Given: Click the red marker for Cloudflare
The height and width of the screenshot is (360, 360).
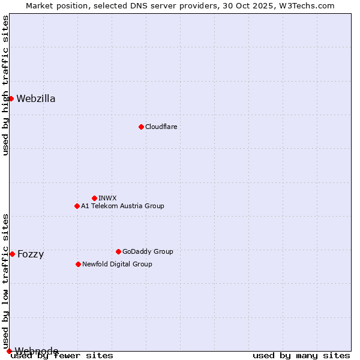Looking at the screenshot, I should [x=141, y=127].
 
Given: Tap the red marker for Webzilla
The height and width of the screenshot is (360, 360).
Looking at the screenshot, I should [x=11, y=98].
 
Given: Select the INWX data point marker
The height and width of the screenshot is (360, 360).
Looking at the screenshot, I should [x=94, y=198].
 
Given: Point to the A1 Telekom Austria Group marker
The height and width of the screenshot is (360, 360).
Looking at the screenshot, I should [x=77, y=206].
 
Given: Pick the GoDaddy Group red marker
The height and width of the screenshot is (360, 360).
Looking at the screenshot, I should [x=118, y=251].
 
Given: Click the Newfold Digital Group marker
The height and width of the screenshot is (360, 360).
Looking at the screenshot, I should [x=78, y=264].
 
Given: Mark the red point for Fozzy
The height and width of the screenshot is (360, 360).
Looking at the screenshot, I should [x=12, y=254].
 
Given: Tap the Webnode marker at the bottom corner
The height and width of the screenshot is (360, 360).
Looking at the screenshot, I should [x=9, y=351].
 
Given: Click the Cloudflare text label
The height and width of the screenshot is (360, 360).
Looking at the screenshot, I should [x=161, y=127].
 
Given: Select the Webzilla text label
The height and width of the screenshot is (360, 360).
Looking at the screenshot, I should [x=36, y=99].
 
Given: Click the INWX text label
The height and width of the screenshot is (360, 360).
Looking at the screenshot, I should [x=107, y=198].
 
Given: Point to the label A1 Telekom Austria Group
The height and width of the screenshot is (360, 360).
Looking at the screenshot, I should [x=122, y=206].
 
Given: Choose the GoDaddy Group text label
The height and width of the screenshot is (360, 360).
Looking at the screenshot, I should [x=148, y=251].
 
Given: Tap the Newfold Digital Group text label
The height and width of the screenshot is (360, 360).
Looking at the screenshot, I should [x=117, y=264].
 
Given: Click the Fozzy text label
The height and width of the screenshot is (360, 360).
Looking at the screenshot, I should [x=31, y=254].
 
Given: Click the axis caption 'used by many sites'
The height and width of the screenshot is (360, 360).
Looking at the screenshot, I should [x=301, y=356].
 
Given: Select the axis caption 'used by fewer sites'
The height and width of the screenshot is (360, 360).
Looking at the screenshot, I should [x=62, y=356].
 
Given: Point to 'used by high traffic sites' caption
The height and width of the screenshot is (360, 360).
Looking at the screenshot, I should [x=6, y=85].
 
